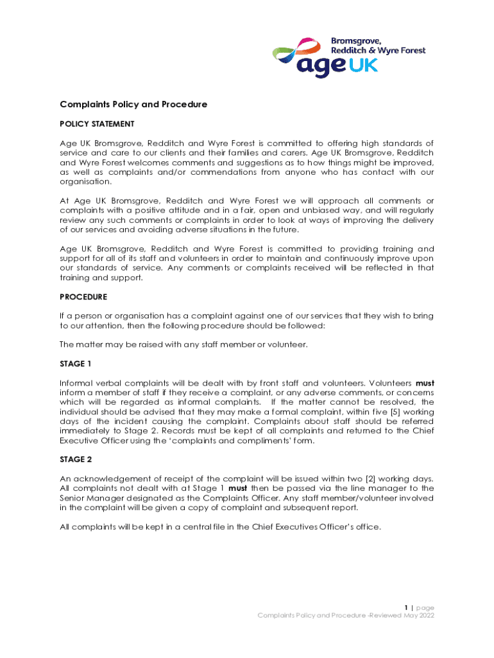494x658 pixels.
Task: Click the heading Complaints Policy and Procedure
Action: (x=133, y=104)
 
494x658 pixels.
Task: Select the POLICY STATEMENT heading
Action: (x=97, y=123)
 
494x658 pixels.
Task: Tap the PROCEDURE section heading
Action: (x=83, y=297)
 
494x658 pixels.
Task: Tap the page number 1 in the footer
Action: (x=406, y=607)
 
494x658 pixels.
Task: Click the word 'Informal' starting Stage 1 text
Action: (x=76, y=383)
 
